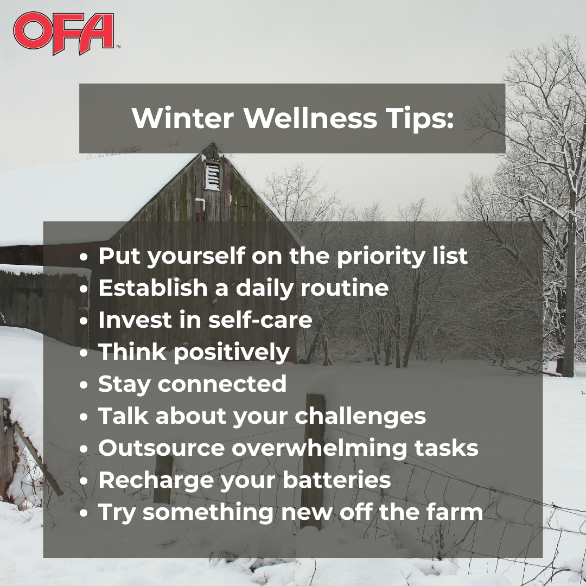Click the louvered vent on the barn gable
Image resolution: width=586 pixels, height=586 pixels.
[213, 175]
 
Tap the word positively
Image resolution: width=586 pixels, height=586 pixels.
[232, 353]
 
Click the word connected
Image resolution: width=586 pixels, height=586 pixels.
[222, 384]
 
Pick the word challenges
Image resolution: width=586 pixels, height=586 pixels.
[360, 416]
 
